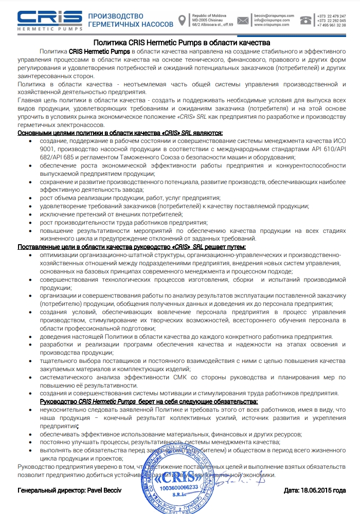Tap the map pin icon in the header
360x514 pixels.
(182, 20)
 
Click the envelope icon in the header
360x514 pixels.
(243, 21)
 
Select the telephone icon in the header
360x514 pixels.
(307, 20)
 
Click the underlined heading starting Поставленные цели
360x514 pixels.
(51, 247)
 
